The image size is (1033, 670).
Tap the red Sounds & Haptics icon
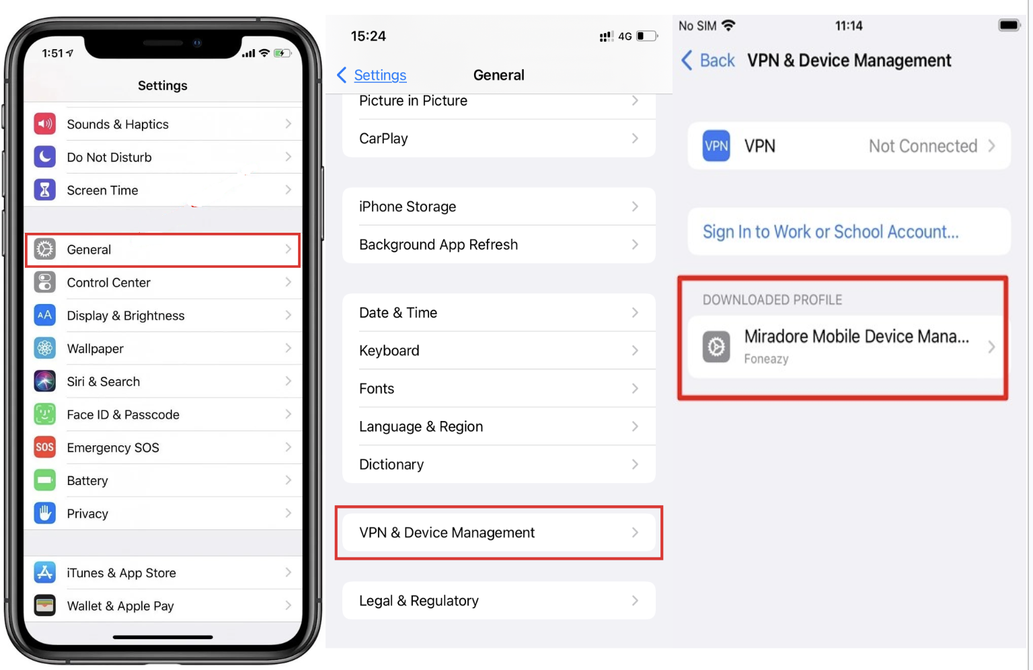pyautogui.click(x=44, y=124)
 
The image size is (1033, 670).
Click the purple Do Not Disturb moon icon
pyautogui.click(x=44, y=157)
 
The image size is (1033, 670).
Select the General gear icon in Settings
pyautogui.click(x=44, y=250)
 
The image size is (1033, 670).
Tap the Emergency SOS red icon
pyautogui.click(x=44, y=447)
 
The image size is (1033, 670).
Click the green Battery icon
pyautogui.click(x=44, y=480)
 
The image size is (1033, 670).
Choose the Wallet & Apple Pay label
pyautogui.click(x=120, y=606)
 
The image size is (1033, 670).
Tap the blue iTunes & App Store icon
pyautogui.click(x=44, y=572)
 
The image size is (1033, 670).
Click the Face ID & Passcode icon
pyautogui.click(x=44, y=414)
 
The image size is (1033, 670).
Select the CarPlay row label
pyautogui.click(x=383, y=139)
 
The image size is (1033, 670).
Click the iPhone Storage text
pyautogui.click(x=408, y=207)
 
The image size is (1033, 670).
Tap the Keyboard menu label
pyautogui.click(x=389, y=350)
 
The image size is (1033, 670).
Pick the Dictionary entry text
pyautogui.click(x=391, y=464)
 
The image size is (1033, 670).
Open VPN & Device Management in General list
pyautogui.click(x=447, y=533)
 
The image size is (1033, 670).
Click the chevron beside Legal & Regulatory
pyautogui.click(x=635, y=600)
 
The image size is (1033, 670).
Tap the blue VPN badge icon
pyautogui.click(x=716, y=146)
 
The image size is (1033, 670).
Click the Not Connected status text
pyautogui.click(x=923, y=146)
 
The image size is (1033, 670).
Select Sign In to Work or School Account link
pyautogui.click(x=831, y=232)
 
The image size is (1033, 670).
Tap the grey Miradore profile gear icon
pyautogui.click(x=716, y=346)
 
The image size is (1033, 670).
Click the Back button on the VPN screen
pyautogui.click(x=708, y=61)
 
